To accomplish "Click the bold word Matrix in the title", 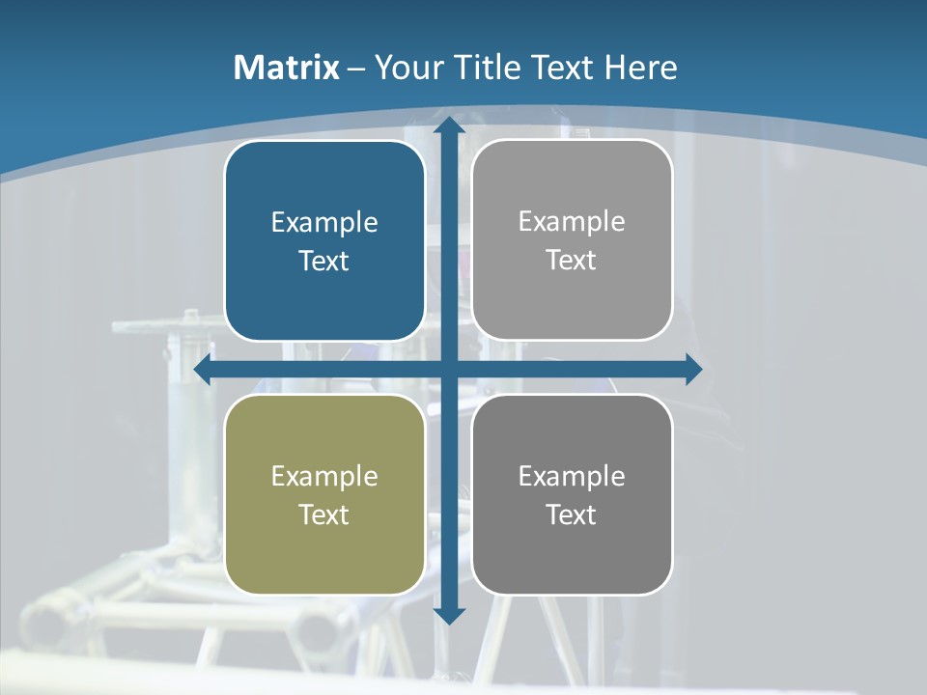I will point(287,68).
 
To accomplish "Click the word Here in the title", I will point(641,68).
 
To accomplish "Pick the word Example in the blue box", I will point(324,223).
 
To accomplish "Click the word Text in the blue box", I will point(324,262).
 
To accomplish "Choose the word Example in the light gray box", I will point(572,222).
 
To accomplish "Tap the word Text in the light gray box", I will point(572,261).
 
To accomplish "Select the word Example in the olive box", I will point(324,477).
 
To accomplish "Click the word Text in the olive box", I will point(324,515).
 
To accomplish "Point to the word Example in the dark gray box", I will point(572,477).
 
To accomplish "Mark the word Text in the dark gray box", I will point(572,515).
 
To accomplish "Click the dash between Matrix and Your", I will point(356,69).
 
